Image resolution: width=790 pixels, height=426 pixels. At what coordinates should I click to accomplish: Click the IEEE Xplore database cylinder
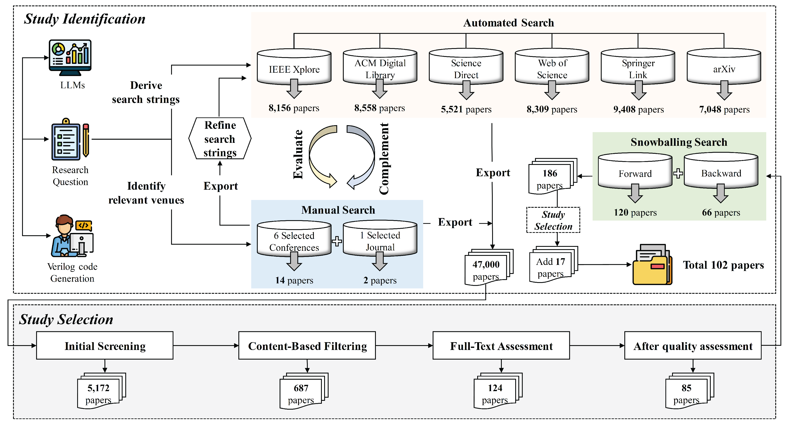[x=294, y=67]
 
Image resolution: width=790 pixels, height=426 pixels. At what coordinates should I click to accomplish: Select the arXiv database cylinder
[x=724, y=67]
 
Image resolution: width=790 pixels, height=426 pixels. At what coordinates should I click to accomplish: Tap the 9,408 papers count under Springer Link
[x=638, y=109]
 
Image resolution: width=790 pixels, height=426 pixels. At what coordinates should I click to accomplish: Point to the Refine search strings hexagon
[x=220, y=138]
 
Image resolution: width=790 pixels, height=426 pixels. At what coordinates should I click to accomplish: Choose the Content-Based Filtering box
[x=307, y=346]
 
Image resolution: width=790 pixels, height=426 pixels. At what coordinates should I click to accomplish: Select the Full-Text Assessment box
[x=501, y=346]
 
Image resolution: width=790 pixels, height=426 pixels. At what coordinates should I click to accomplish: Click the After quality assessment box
[x=693, y=346]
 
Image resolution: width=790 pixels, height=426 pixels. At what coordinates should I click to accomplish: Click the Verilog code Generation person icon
[x=72, y=236]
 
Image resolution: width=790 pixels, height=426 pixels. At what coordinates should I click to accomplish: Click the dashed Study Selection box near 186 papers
[x=553, y=220]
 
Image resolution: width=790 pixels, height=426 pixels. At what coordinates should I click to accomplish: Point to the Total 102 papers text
[x=723, y=265]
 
